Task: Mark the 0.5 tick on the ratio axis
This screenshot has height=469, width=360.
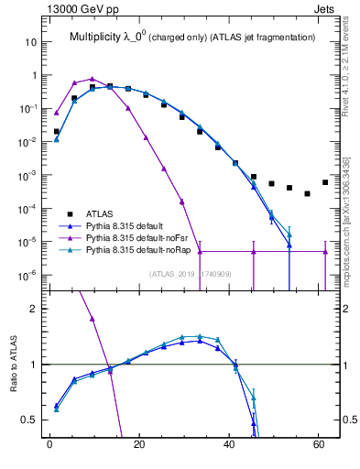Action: point(30,420)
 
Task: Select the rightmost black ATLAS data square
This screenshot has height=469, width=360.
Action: point(325,182)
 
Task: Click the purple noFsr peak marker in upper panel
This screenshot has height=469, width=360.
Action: point(93,79)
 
